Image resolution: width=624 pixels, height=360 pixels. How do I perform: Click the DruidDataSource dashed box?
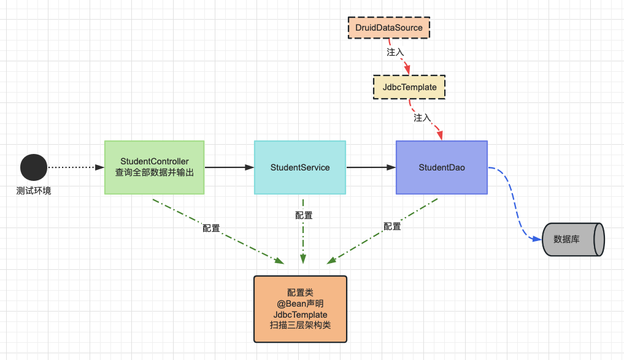(389, 28)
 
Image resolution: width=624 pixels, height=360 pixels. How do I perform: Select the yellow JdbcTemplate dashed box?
(409, 87)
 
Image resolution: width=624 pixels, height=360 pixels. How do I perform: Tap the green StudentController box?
(154, 167)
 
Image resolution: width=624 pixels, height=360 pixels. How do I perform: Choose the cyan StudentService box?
(300, 167)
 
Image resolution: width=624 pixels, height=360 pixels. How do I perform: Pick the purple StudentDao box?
(441, 167)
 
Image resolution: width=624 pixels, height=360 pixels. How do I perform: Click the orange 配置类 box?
(300, 309)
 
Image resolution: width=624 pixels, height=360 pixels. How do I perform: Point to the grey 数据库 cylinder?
(573, 239)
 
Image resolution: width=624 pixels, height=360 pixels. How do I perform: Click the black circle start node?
(34, 167)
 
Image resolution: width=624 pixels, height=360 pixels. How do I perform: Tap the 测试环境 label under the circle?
(34, 191)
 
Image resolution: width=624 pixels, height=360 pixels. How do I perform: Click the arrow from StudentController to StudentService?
(229, 167)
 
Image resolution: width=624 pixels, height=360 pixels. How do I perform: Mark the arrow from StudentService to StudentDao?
(371, 167)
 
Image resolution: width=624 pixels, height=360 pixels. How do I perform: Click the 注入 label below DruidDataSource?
(395, 52)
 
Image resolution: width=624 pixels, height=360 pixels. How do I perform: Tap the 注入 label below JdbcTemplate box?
(422, 118)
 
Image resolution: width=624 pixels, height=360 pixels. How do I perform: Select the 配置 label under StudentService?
(304, 215)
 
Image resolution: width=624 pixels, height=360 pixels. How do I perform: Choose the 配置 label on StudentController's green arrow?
(211, 228)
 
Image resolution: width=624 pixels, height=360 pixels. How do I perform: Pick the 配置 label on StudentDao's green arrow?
(392, 226)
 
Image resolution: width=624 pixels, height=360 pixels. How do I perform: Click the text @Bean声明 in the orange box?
(300, 304)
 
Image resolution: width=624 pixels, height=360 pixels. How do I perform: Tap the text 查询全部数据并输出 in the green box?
(154, 172)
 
